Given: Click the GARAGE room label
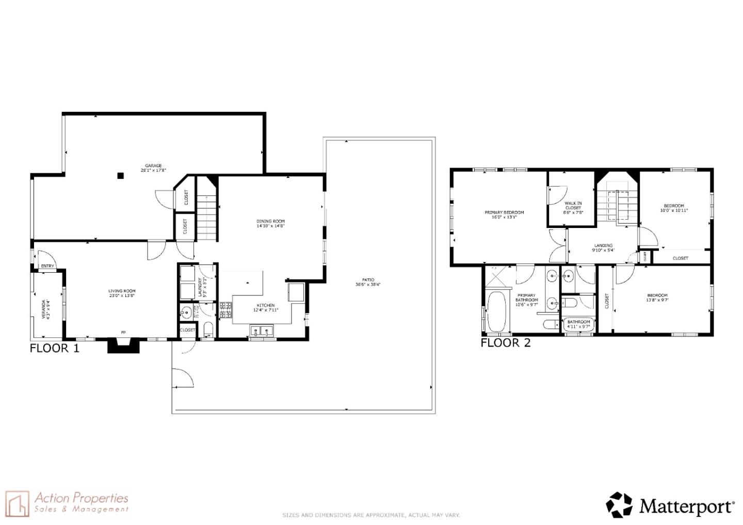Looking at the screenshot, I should click(153, 166).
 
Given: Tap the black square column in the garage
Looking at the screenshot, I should click(120, 175).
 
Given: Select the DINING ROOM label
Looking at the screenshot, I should click(270, 221).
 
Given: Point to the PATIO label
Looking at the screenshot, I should click(368, 280).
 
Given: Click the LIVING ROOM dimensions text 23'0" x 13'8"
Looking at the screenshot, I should click(122, 296).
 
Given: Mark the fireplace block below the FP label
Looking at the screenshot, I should click(123, 345).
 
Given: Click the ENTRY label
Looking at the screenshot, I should click(47, 266).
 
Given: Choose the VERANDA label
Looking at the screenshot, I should click(44, 309).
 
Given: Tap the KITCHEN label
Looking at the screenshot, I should click(266, 305).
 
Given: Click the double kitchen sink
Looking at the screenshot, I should click(262, 331).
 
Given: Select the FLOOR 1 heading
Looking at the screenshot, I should click(55, 348).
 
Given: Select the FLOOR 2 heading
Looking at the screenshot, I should click(505, 343).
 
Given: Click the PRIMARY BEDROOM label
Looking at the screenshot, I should click(504, 212).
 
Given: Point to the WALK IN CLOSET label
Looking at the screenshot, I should click(573, 206).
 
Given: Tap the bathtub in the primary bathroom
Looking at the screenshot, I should click(496, 311).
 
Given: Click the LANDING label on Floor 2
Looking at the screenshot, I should click(603, 245).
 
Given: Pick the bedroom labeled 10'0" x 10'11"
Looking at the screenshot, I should click(674, 208).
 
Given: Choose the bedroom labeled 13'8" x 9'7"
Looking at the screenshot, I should click(657, 298).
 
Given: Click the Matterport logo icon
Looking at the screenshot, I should click(619, 505).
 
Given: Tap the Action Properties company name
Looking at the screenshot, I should click(82, 498).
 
